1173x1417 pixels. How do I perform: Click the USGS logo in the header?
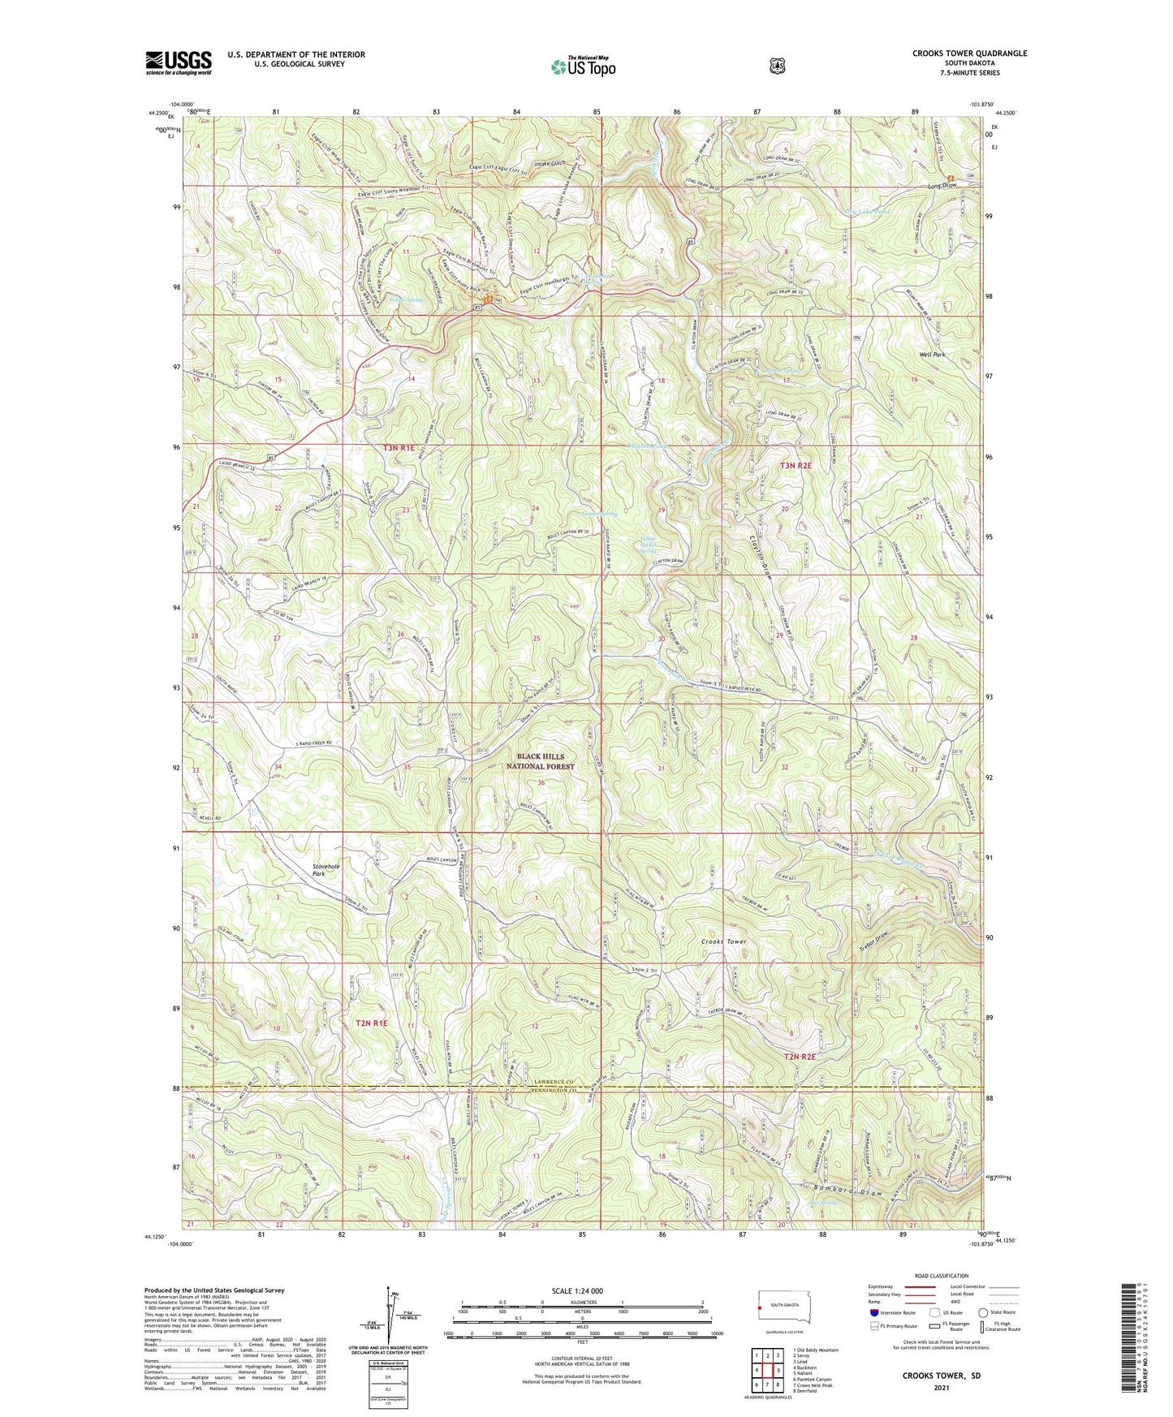[x=179, y=62]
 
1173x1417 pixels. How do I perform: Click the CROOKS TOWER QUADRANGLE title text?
[x=958, y=54]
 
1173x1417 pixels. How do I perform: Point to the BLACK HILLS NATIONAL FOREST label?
[x=540, y=761]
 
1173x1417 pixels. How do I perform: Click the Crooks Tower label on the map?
[x=723, y=941]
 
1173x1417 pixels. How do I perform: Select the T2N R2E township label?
[x=799, y=1057]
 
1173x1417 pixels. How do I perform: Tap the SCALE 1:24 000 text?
[x=577, y=1291]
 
